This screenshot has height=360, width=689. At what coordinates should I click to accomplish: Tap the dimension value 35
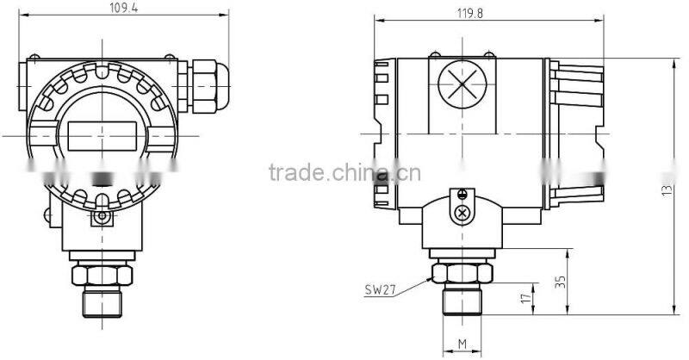click(561, 282)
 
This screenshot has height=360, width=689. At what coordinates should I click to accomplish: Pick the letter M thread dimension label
click(462, 344)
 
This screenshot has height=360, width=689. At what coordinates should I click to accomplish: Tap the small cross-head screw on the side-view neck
click(463, 212)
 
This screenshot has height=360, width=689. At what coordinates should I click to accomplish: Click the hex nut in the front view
click(102, 275)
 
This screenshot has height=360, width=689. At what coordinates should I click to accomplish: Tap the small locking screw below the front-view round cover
click(103, 218)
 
